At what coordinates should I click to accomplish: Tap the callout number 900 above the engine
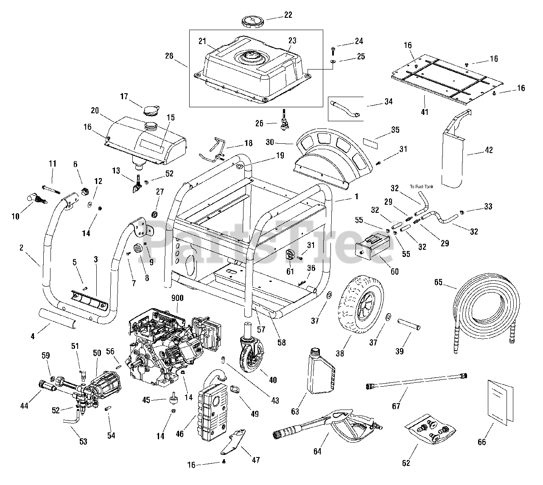tap(177, 298)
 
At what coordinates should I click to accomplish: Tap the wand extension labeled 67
tap(416, 380)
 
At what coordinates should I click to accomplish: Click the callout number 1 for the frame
tap(356, 196)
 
